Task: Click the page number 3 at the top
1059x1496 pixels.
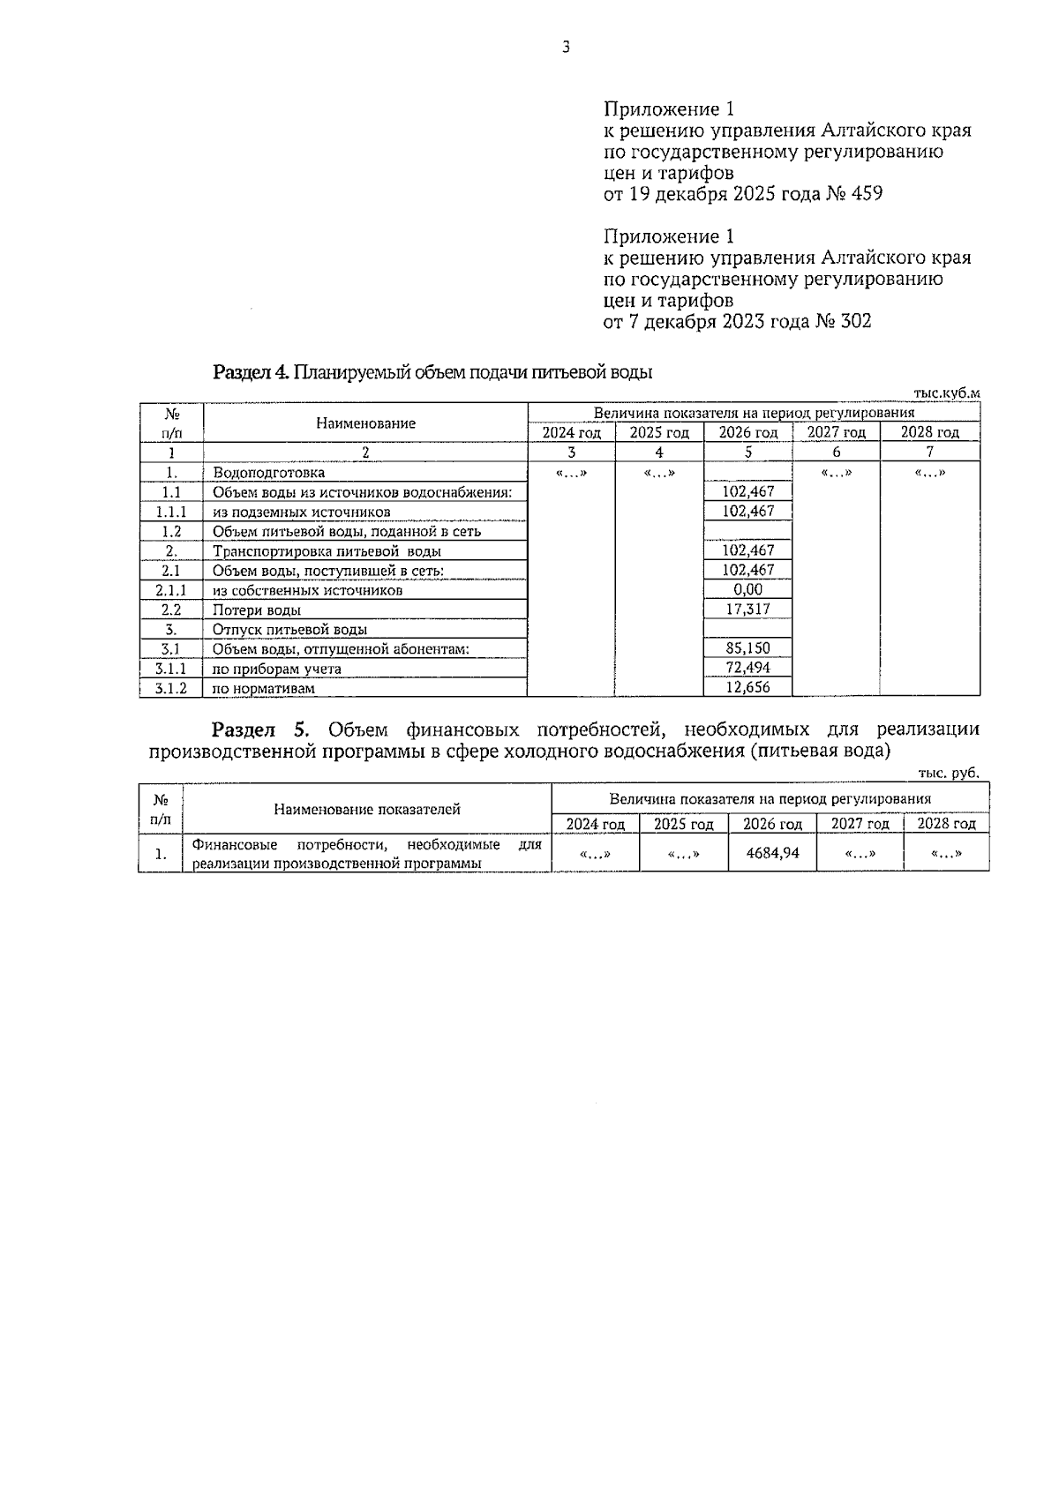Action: [566, 48]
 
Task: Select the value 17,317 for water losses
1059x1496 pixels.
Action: [747, 610]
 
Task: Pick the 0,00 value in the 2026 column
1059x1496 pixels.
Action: [747, 589]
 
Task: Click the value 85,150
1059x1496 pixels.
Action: [747, 648]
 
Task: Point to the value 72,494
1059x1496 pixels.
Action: [747, 668]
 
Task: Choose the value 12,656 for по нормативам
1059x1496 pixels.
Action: [747, 688]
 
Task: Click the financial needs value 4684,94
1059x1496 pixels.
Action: [772, 853]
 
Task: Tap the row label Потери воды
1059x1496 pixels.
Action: [257, 610]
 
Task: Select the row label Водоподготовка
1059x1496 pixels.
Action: [268, 473]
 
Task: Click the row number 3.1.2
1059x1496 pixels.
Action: [171, 689]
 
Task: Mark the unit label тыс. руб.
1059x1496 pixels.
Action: [949, 773]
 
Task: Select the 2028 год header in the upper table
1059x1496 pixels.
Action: [929, 432]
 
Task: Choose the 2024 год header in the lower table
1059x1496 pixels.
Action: [596, 824]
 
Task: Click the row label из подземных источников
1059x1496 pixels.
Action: [301, 512]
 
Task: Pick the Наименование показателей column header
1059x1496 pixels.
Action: [366, 809]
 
